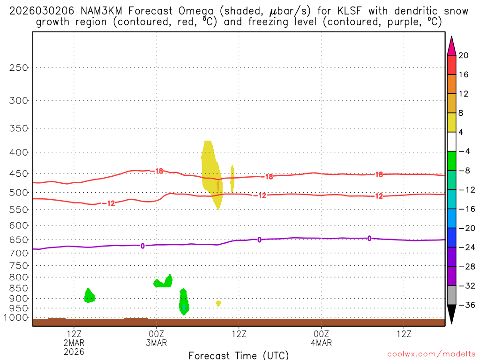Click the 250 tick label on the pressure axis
pyautogui.click(x=19, y=67)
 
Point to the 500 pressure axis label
pyautogui.click(x=19, y=193)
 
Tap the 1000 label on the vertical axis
pyautogui.click(x=16, y=318)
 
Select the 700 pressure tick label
pyautogui.click(x=19, y=252)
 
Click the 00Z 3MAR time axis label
pyautogui.click(x=156, y=338)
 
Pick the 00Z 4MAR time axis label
pyautogui.click(x=321, y=338)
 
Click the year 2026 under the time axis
pyautogui.click(x=74, y=352)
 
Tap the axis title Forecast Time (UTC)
pyautogui.click(x=239, y=355)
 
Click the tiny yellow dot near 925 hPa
pyautogui.click(x=218, y=304)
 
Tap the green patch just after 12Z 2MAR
pyautogui.click(x=89, y=296)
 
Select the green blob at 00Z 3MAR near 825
pyautogui.click(x=164, y=282)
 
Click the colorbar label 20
pyautogui.click(x=464, y=56)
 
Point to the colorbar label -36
pyautogui.click(x=464, y=305)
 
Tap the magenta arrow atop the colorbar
pyautogui.click(x=451, y=45)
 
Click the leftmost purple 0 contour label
pyautogui.click(x=142, y=246)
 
